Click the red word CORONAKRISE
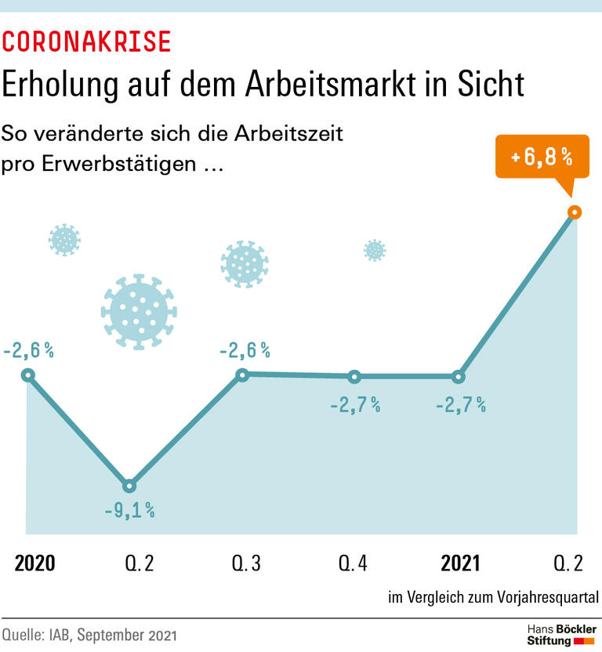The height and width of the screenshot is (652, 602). tap(87, 42)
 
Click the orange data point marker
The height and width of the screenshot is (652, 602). tap(574, 212)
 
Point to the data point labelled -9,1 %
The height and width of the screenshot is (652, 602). tap(129, 486)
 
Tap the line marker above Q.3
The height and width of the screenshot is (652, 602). tap(242, 375)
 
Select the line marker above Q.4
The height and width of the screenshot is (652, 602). tap(354, 377)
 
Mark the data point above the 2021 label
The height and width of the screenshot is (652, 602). tap(460, 377)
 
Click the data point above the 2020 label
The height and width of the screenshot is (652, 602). tap(27, 375)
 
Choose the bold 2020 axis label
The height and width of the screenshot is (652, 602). tap(35, 563)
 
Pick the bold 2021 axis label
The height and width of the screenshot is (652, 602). tap(461, 563)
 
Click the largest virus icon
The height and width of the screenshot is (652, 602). tap(139, 311)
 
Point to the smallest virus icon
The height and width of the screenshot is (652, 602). tap(375, 250)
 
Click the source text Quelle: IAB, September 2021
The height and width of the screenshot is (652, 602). tap(89, 635)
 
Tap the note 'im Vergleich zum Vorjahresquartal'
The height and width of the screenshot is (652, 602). tap(493, 598)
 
